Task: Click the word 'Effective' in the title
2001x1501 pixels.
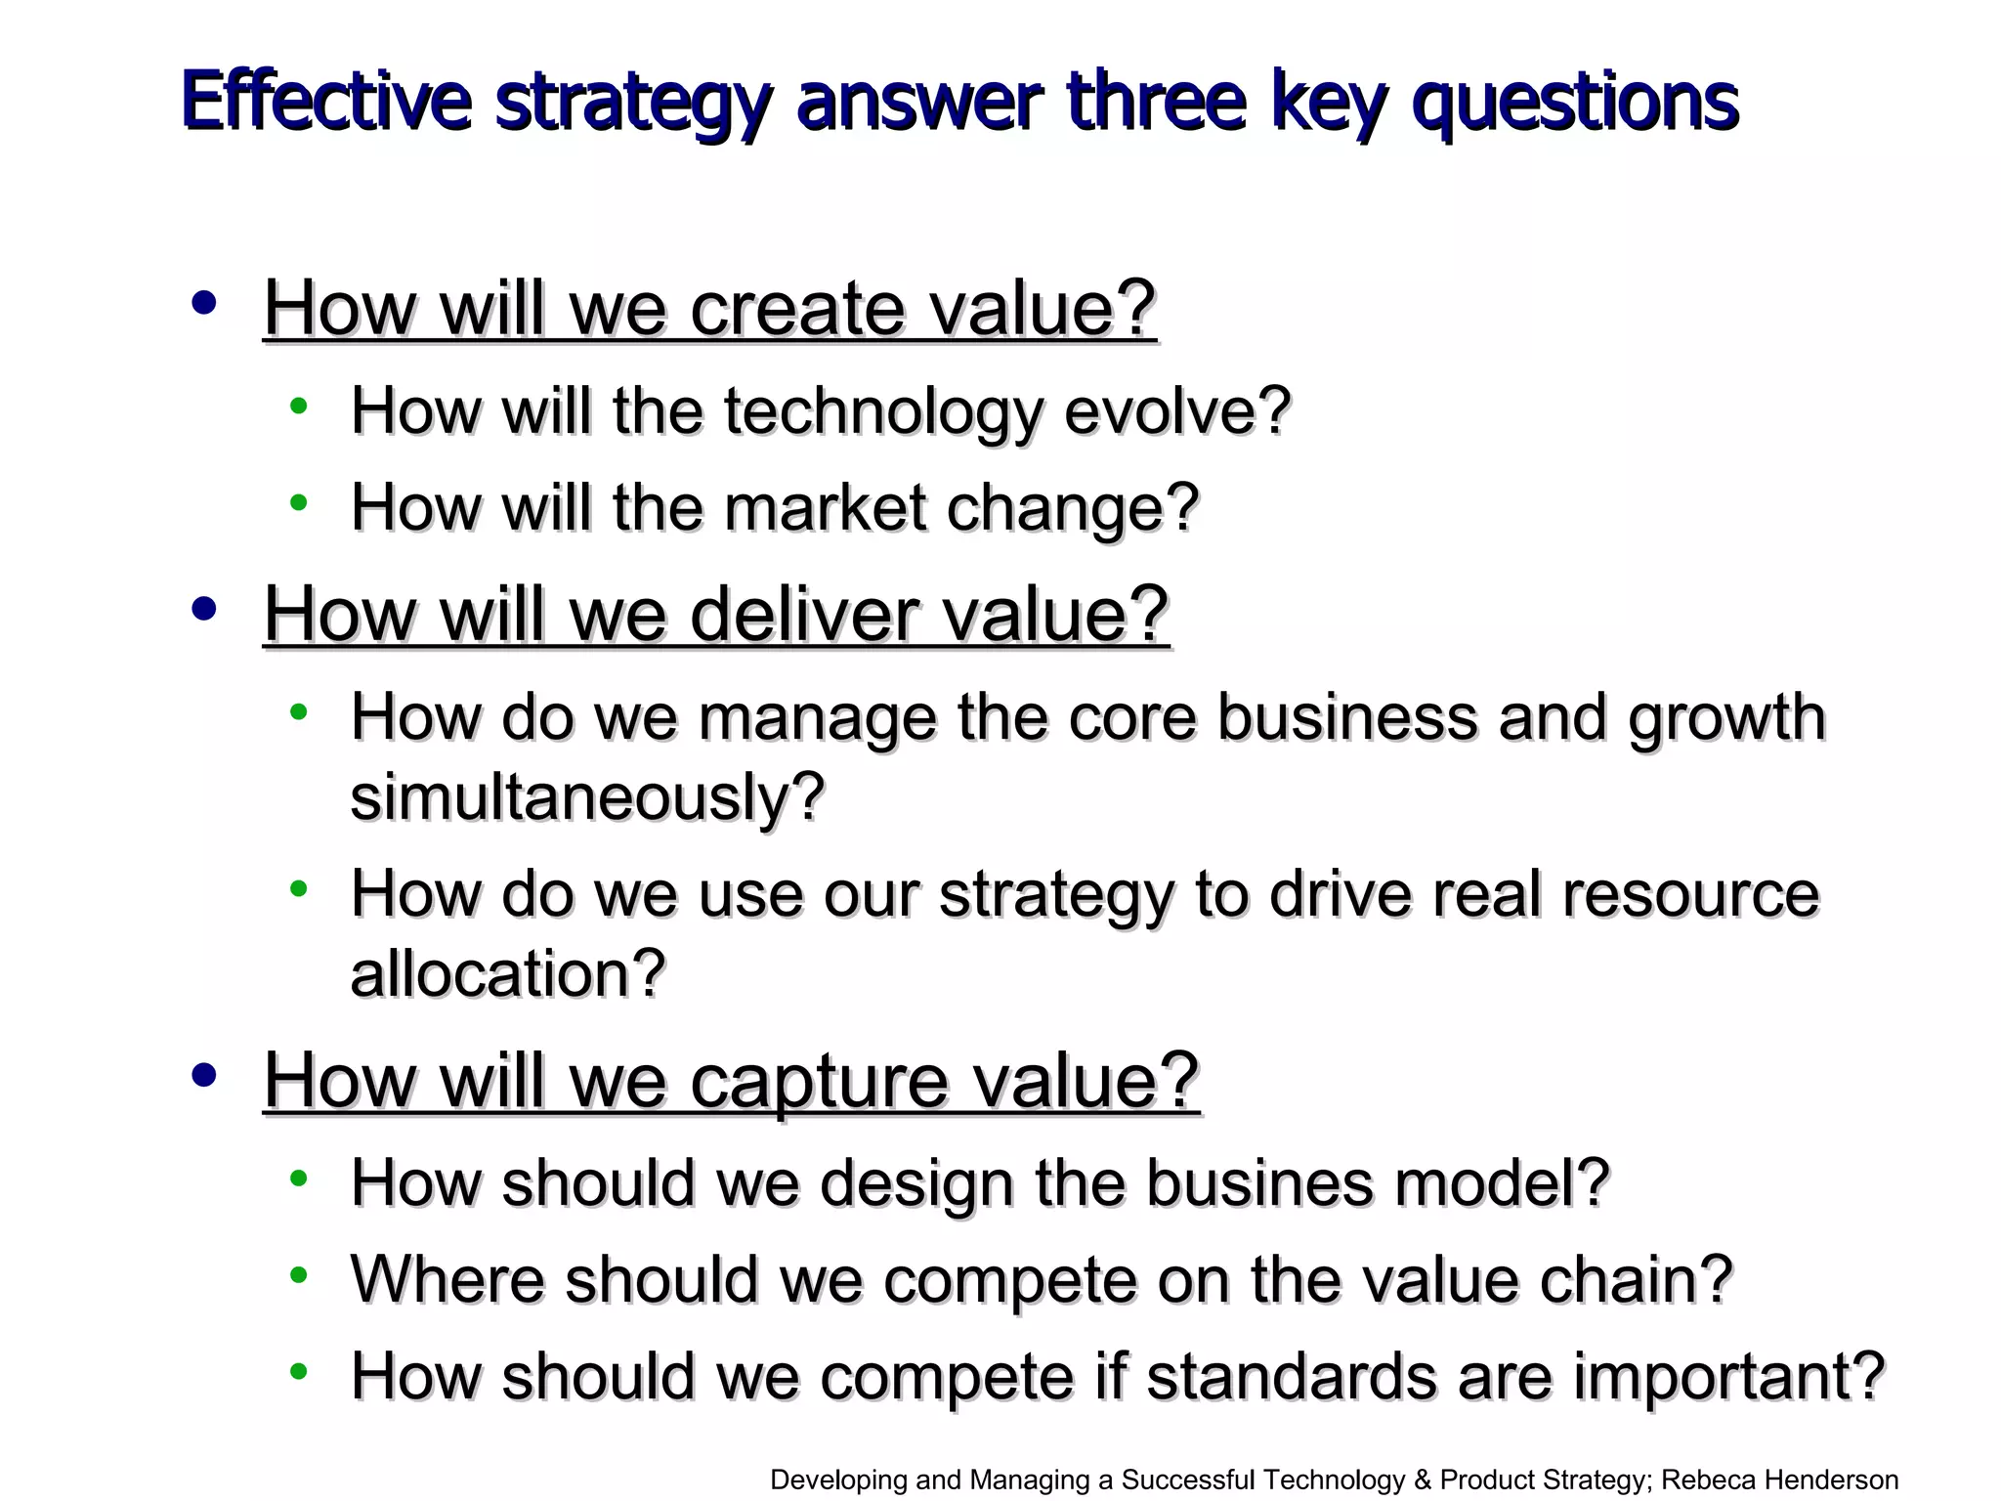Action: [326, 102]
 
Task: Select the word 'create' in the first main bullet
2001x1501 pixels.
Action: [796, 309]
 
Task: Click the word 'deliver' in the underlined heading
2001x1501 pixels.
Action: [802, 615]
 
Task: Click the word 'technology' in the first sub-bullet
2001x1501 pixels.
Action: [882, 411]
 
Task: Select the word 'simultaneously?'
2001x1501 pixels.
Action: [587, 797]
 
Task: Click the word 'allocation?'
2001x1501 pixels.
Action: [508, 974]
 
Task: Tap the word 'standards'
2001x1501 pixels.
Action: [1291, 1377]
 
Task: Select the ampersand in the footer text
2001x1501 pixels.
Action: [1423, 1480]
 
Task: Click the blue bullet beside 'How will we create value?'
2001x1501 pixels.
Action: [204, 303]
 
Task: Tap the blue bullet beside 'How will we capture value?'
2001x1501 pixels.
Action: [204, 1075]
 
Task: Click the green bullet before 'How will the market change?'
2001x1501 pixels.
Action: [299, 503]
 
